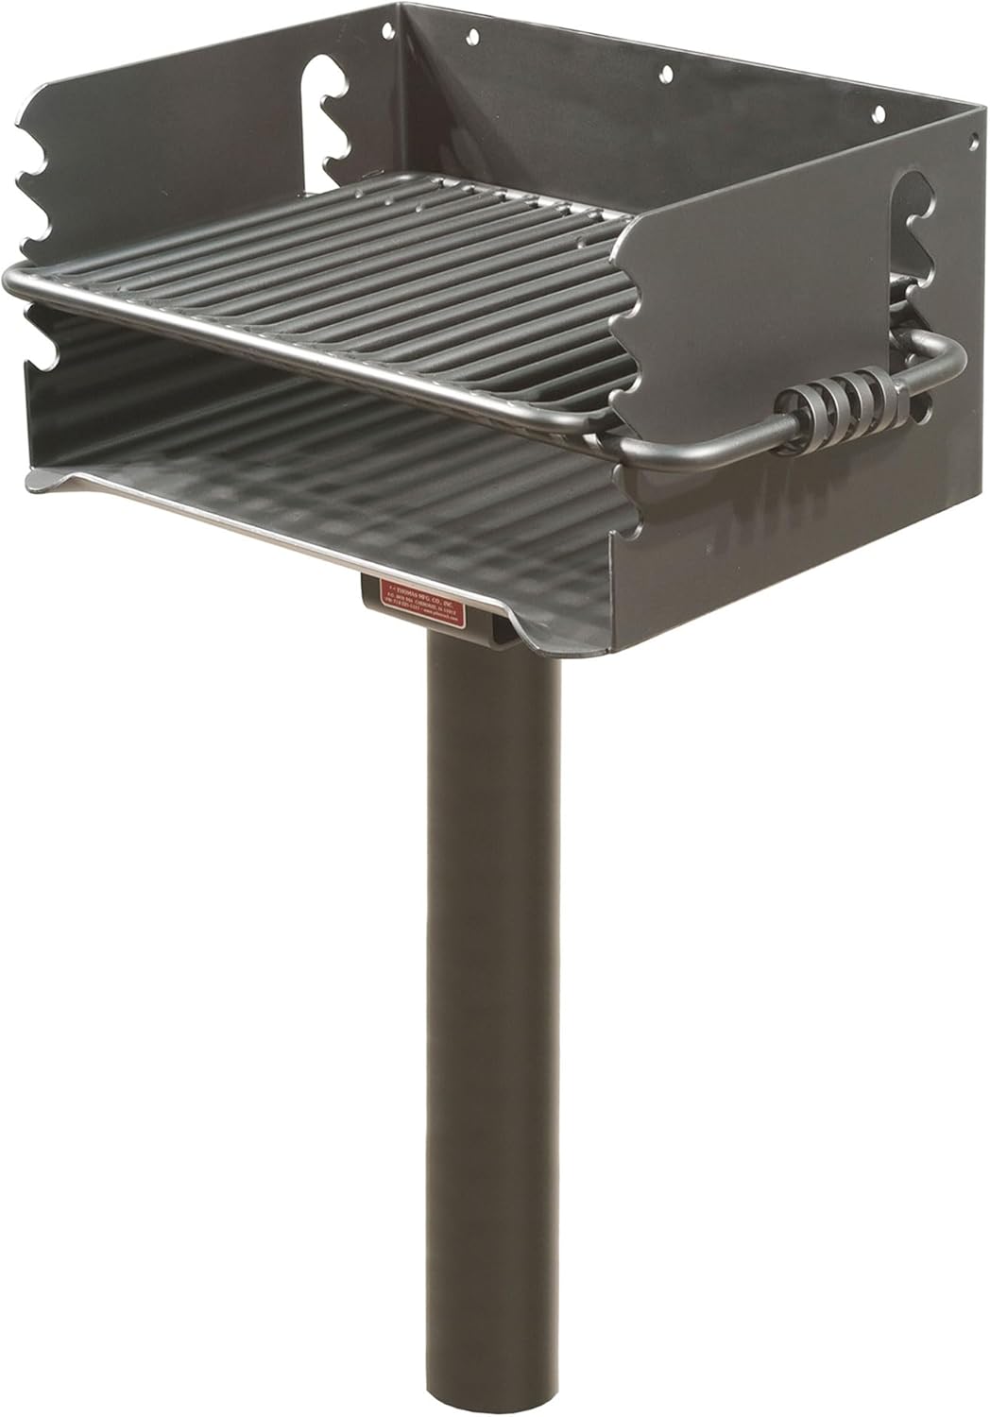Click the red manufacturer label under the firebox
coord(430,597)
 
